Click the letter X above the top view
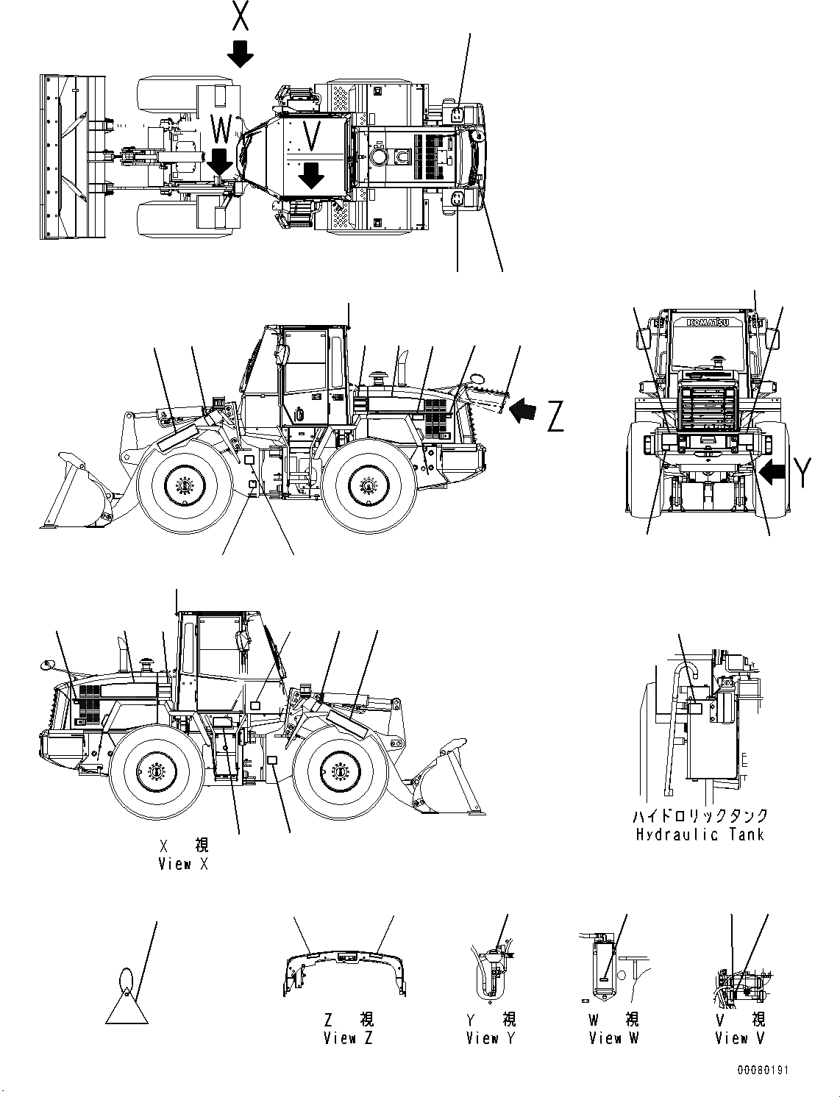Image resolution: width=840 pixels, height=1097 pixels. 240,16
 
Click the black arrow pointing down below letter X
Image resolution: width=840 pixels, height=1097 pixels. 240,54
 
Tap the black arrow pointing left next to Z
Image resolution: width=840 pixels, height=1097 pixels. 523,410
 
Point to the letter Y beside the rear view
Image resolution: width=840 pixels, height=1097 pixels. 803,472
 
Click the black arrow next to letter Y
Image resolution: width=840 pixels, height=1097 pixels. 773,472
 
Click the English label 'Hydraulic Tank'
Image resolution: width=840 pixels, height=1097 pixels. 700,835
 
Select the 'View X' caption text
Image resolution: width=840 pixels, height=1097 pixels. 183,864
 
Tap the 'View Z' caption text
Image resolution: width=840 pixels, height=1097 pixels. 349,1038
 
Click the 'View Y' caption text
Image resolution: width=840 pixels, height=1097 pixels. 491,1038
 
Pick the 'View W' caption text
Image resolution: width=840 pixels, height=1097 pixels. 614,1038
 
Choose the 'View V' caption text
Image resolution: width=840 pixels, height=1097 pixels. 741,1038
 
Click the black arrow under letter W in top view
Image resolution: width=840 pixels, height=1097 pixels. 221,160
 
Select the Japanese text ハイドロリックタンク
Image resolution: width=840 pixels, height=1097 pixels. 700,815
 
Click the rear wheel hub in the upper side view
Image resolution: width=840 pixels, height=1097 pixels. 368,486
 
